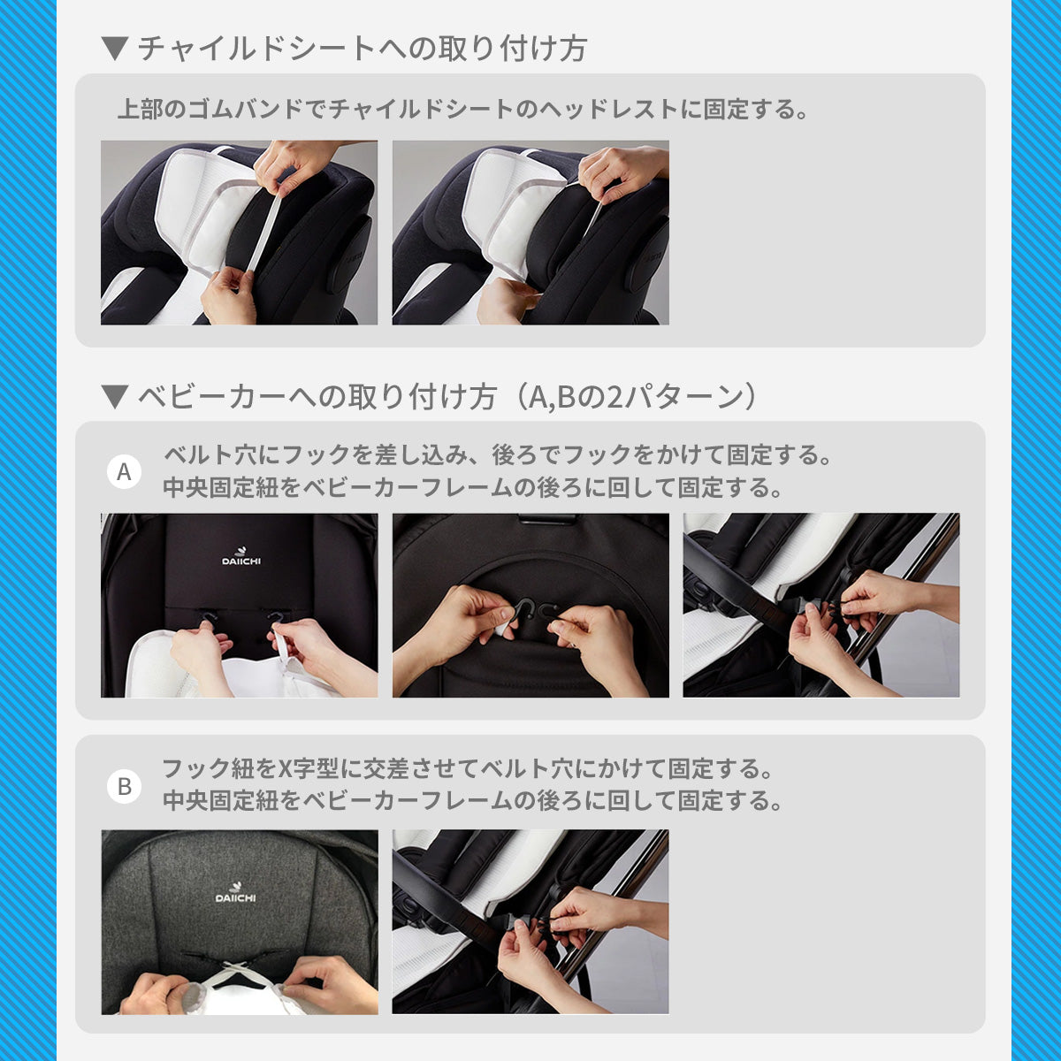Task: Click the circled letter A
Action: pyautogui.click(x=124, y=472)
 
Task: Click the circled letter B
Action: pyautogui.click(x=124, y=786)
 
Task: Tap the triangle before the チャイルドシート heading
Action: pyautogui.click(x=115, y=49)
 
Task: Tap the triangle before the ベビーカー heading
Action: pyautogui.click(x=115, y=397)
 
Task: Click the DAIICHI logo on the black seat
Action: pyautogui.click(x=241, y=557)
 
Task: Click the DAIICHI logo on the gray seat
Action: pyautogui.click(x=235, y=894)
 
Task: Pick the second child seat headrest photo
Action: pyautogui.click(x=530, y=233)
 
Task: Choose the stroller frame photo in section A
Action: pyautogui.click(x=821, y=605)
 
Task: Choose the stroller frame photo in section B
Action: pyautogui.click(x=530, y=921)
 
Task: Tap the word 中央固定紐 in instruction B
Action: pyautogui.click(x=221, y=801)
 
